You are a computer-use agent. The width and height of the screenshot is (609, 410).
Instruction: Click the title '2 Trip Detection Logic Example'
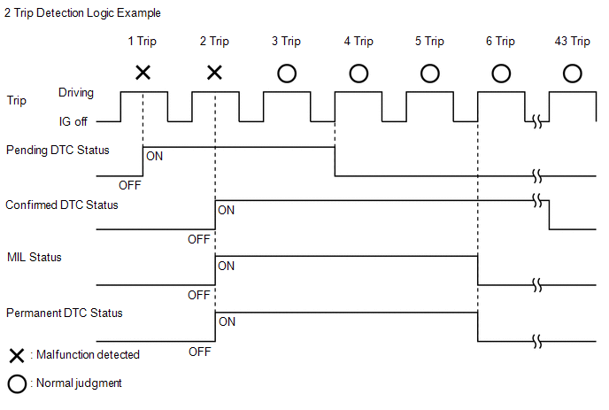(82, 12)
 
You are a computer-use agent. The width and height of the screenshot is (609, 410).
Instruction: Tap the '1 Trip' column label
(143, 42)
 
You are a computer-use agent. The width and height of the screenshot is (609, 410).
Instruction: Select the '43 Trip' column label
(572, 42)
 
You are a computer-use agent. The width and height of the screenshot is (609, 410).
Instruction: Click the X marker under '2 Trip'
(214, 73)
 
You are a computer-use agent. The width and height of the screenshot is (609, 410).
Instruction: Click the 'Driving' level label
(76, 93)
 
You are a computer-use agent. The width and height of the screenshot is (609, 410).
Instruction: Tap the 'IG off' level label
(73, 121)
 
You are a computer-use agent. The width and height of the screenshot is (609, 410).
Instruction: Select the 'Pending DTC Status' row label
(58, 150)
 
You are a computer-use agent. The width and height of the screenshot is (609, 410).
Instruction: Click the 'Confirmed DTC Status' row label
(62, 205)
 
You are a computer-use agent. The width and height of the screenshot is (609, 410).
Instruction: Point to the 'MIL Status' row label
(35, 258)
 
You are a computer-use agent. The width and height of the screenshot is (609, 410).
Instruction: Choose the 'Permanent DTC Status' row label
(65, 313)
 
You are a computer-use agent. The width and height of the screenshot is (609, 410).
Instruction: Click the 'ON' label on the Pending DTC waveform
(154, 156)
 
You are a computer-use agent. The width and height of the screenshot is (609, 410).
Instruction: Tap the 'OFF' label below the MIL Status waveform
(199, 296)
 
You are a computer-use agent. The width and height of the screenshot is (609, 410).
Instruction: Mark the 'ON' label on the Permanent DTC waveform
(227, 321)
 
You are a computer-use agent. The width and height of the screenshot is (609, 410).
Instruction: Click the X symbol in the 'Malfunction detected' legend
(17, 356)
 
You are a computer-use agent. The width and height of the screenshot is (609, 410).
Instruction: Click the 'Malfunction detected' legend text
(88, 354)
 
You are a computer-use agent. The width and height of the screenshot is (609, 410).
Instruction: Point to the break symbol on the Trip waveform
(537, 121)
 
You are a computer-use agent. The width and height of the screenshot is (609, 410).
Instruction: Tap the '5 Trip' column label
(429, 42)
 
